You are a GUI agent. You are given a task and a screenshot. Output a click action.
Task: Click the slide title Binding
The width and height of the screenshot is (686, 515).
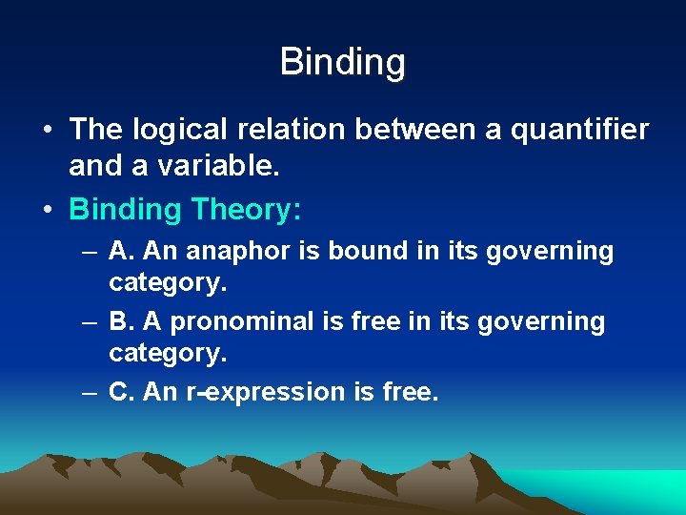(x=343, y=62)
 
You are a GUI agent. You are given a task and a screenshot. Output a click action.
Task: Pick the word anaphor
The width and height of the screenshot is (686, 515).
(x=232, y=251)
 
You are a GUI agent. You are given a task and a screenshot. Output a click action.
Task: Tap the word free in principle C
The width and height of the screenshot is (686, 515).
(x=408, y=392)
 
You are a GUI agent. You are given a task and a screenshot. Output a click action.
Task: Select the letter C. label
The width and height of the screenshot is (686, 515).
(x=121, y=392)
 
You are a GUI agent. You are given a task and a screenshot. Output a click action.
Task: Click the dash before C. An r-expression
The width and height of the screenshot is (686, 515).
(x=89, y=392)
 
